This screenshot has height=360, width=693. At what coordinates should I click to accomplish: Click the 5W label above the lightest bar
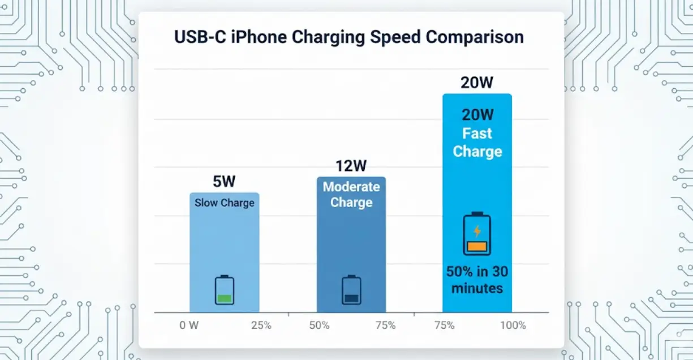(224, 182)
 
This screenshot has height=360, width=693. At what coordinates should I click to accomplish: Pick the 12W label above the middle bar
(351, 166)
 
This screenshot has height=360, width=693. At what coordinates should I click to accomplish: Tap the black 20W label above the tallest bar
(477, 83)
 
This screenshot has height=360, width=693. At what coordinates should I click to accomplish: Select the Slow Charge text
(225, 203)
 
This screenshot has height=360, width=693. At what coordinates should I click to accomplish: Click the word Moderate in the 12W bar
(351, 187)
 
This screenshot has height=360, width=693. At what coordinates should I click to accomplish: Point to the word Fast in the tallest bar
(477, 134)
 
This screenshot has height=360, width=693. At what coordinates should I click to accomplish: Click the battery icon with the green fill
(225, 290)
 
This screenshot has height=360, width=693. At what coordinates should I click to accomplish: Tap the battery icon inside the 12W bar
(351, 290)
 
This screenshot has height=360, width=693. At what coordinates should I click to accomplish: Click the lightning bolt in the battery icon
(477, 231)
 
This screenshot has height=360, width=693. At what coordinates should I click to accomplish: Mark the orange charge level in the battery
(477, 247)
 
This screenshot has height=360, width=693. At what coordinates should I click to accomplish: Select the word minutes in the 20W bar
(477, 288)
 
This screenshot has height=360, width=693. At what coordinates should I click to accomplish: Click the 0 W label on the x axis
(188, 325)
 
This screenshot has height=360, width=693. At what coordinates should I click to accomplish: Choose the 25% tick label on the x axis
(261, 325)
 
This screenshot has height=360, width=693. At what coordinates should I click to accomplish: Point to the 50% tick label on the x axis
(320, 325)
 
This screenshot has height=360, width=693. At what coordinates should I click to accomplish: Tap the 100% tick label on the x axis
(513, 325)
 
